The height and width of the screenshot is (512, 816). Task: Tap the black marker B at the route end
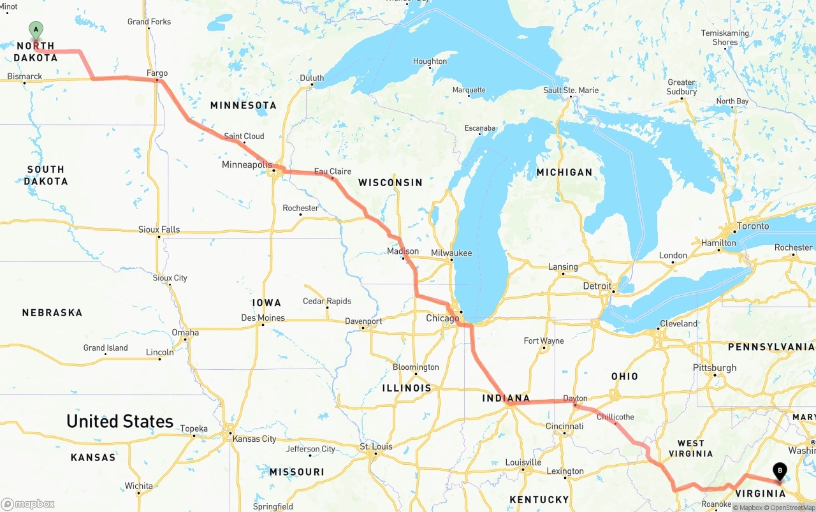(x=779, y=472)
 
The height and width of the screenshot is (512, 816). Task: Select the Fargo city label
(x=157, y=73)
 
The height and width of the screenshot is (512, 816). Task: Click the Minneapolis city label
(x=247, y=165)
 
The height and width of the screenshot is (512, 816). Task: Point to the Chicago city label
(x=442, y=318)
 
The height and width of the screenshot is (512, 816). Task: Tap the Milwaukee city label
(x=451, y=253)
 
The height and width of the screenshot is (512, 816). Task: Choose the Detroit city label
(x=597, y=286)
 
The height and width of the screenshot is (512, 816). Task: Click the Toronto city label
(x=753, y=226)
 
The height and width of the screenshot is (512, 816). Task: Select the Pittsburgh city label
(x=715, y=368)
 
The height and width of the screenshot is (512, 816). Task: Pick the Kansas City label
(x=254, y=439)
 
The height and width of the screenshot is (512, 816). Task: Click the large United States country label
(x=120, y=421)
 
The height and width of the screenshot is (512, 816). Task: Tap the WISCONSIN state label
(x=390, y=182)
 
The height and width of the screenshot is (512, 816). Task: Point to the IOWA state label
(x=266, y=302)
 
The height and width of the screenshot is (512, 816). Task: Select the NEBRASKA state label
(x=52, y=312)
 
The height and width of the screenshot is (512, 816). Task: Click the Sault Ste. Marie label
(x=571, y=90)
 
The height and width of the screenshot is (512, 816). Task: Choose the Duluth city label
(x=312, y=78)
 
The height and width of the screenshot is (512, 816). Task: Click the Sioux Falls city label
(x=159, y=230)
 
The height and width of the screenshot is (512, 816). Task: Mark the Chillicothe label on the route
(x=615, y=417)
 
